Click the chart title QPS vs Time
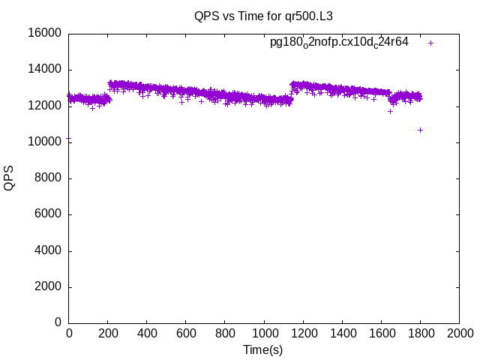tap(263, 16)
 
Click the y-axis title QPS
tap(9, 178)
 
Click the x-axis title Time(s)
tap(263, 349)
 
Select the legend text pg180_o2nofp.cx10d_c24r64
tap(339, 43)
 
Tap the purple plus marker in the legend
tap(431, 43)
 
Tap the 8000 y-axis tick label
tap(49, 178)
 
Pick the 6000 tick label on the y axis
tap(49, 214)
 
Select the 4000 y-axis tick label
tap(49, 250)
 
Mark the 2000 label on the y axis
tap(49, 287)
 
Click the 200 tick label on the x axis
tap(108, 333)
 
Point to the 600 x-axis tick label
tap(186, 333)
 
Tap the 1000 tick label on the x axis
tap(264, 333)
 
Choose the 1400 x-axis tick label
tap(342, 333)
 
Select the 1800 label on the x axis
tap(420, 333)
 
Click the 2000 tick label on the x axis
tap(459, 333)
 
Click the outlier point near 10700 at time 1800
tap(421, 130)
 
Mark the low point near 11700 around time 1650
tap(390, 111)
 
